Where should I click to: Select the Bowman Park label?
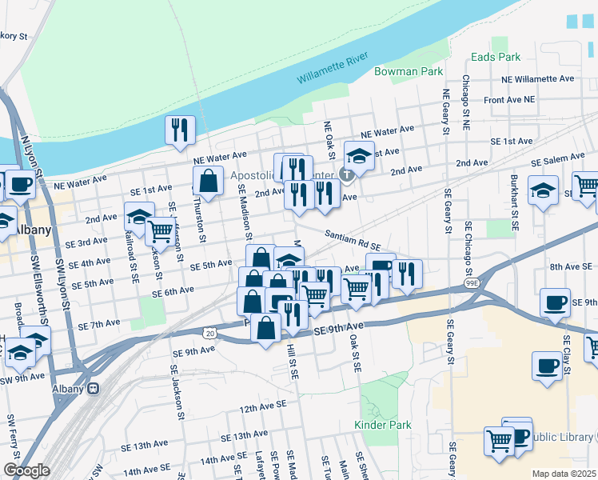409,72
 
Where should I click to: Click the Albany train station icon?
94,389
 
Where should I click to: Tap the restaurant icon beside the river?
179,130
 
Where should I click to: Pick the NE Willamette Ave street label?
538,79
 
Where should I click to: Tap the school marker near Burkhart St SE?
544,192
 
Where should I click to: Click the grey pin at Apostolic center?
346,174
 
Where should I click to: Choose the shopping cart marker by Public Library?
499,439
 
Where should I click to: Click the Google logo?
26,470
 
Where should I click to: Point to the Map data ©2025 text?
563,474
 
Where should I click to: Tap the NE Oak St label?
328,141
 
